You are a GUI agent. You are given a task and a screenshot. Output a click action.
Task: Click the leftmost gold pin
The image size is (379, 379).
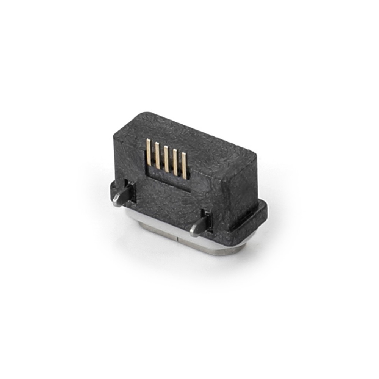coord(149,152)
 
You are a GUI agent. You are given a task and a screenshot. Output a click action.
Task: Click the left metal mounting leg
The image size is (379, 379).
coord(124,195)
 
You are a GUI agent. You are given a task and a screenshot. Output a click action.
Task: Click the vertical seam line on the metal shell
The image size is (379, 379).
coord(178,239)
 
